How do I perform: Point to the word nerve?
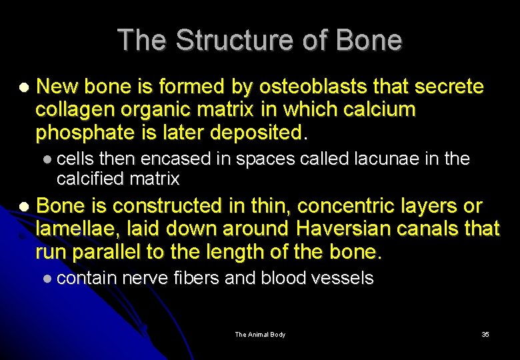pyautogui.click(x=145, y=277)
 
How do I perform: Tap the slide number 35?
pyautogui.click(x=485, y=334)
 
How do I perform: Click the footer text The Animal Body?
pyautogui.click(x=260, y=334)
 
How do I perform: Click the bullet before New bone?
pyautogui.click(x=24, y=87)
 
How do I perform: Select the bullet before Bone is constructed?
pyautogui.click(x=24, y=207)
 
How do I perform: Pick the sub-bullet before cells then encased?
pyautogui.click(x=45, y=159)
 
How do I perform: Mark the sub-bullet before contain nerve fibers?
pyautogui.click(x=45, y=278)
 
